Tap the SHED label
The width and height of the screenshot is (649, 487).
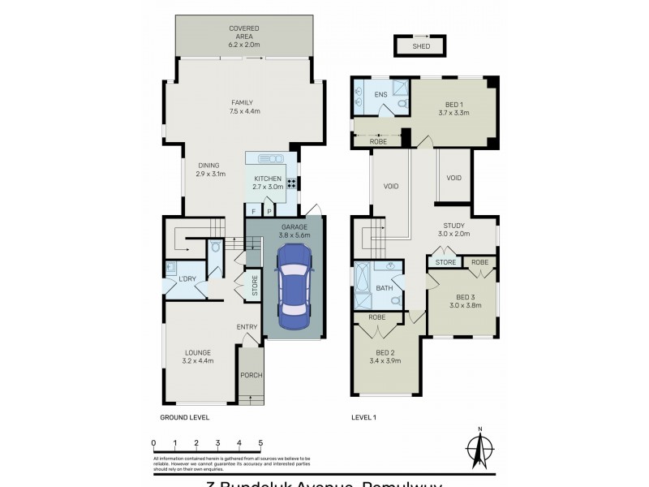coord(421,47)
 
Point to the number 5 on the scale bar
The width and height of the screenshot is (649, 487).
coord(260,442)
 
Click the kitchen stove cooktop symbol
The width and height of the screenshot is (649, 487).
coord(290,183)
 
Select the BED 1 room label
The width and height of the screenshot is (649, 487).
coord(454,105)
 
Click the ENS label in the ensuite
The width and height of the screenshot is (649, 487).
coord(380,95)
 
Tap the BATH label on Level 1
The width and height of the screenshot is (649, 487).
coord(385,288)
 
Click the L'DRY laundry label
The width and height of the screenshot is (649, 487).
coord(187,280)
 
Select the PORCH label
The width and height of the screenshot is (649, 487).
coord(251,375)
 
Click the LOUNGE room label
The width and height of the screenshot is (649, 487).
coord(197,353)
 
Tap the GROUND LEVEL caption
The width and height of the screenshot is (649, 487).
coord(185,417)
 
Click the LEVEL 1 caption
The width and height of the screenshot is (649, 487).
coord(364,417)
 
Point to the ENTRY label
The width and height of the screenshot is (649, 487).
coord(247,327)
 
